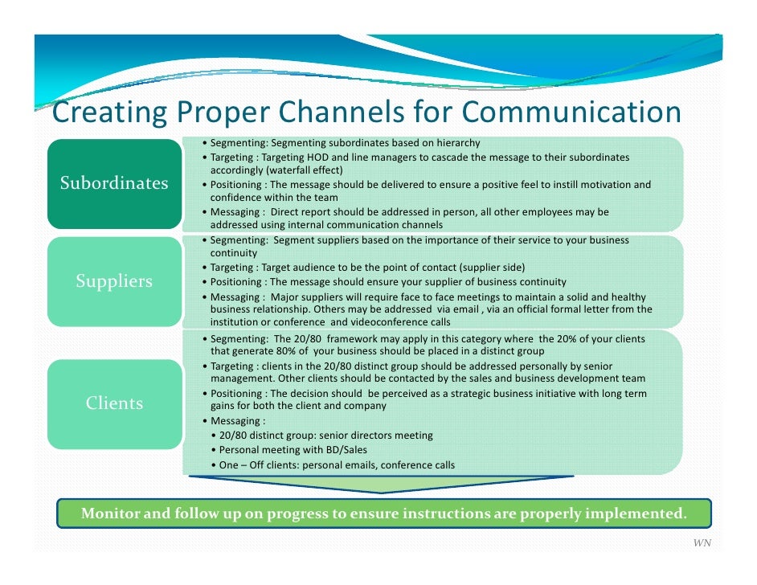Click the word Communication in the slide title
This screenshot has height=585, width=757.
(x=571, y=112)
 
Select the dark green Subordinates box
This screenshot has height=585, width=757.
(x=114, y=183)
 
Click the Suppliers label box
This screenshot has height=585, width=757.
(x=114, y=281)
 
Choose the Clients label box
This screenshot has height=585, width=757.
(x=114, y=403)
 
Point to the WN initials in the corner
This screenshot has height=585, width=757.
(x=702, y=544)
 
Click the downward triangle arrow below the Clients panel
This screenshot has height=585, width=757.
(x=381, y=483)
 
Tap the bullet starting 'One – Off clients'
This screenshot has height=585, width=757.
(x=337, y=464)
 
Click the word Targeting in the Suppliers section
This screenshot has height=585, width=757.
(x=232, y=267)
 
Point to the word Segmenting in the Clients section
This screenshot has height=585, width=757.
(x=239, y=338)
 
